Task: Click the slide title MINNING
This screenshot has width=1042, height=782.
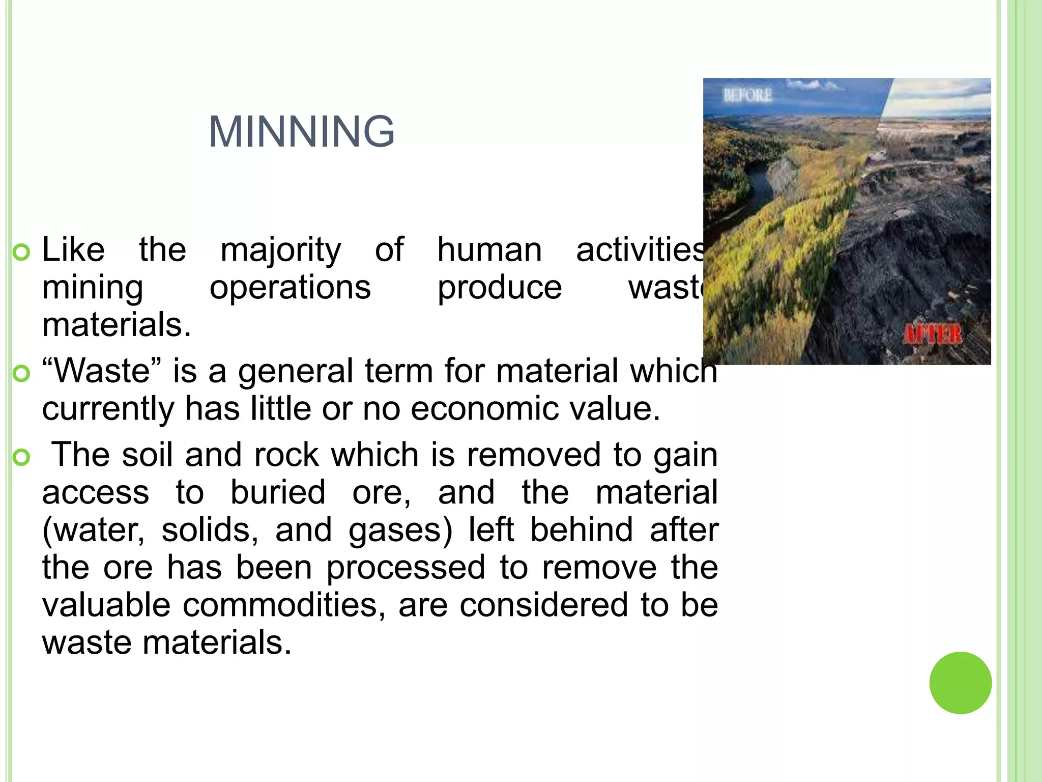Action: (302, 132)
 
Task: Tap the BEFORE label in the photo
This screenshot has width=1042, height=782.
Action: (747, 95)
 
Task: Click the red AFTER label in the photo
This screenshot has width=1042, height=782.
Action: (932, 335)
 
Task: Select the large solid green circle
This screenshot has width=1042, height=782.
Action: (960, 683)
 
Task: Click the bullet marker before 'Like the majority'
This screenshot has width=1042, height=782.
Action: (21, 253)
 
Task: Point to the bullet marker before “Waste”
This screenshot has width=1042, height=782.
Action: (21, 374)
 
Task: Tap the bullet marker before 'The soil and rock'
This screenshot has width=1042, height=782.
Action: (21, 457)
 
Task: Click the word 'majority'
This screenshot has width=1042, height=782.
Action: (281, 250)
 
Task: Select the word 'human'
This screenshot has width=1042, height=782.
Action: (489, 250)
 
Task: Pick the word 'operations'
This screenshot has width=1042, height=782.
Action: (290, 288)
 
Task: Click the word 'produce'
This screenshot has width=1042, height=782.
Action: (500, 288)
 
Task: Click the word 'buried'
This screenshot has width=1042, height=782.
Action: (278, 492)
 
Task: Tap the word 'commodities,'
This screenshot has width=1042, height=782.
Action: (284, 605)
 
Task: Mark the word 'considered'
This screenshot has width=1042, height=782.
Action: (543, 605)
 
